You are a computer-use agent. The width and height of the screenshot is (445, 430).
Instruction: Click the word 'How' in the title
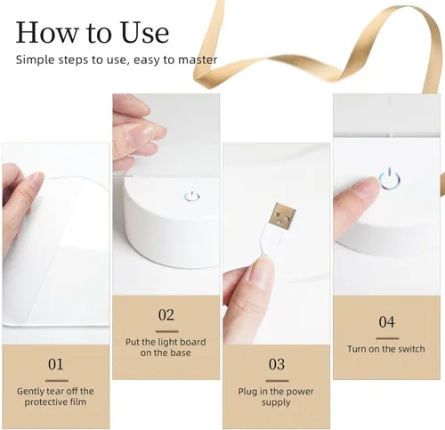click(x=46, y=32)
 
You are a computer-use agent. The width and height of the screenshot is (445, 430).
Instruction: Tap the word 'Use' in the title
click(x=145, y=32)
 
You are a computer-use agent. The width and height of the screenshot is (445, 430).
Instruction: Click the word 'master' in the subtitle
click(x=198, y=60)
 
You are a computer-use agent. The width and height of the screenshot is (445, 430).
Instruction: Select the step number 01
click(x=56, y=364)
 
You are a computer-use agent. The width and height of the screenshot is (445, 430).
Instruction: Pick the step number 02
click(x=166, y=315)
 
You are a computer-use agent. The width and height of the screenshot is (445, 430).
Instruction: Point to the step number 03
click(x=277, y=364)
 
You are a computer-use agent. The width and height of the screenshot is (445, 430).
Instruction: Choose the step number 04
click(x=387, y=322)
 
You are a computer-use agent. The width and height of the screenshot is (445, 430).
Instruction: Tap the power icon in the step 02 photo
click(x=192, y=196)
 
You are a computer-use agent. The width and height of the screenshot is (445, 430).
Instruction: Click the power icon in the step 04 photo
click(x=390, y=179)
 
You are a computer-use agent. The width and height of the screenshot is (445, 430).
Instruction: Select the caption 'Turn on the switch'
click(x=386, y=349)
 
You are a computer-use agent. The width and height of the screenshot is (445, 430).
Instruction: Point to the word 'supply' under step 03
click(x=276, y=402)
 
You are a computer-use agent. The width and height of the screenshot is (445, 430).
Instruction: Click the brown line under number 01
click(x=57, y=381)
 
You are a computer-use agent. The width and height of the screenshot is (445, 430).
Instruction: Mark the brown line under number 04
click(x=387, y=338)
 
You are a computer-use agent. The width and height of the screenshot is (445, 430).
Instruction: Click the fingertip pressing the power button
click(x=369, y=187)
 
